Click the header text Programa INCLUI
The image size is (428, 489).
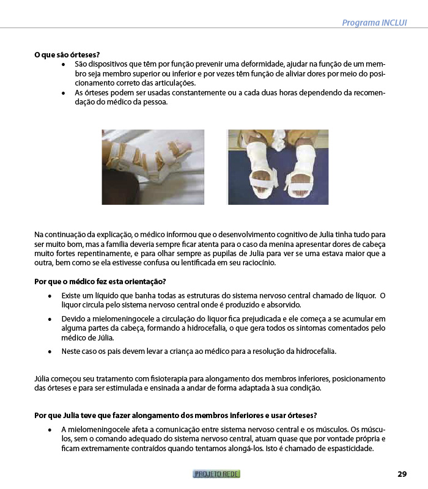374,23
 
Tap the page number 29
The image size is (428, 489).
402,474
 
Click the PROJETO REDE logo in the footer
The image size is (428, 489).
216,474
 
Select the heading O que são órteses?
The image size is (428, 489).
67,54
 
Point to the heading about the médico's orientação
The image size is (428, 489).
100,281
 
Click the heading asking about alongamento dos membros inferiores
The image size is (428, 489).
175,416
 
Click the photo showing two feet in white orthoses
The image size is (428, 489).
278,166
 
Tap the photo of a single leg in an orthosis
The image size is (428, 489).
153,166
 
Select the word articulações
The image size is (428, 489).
170,83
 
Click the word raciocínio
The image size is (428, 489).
257,263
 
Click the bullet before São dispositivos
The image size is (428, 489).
64,64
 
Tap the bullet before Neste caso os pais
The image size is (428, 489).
50,352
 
